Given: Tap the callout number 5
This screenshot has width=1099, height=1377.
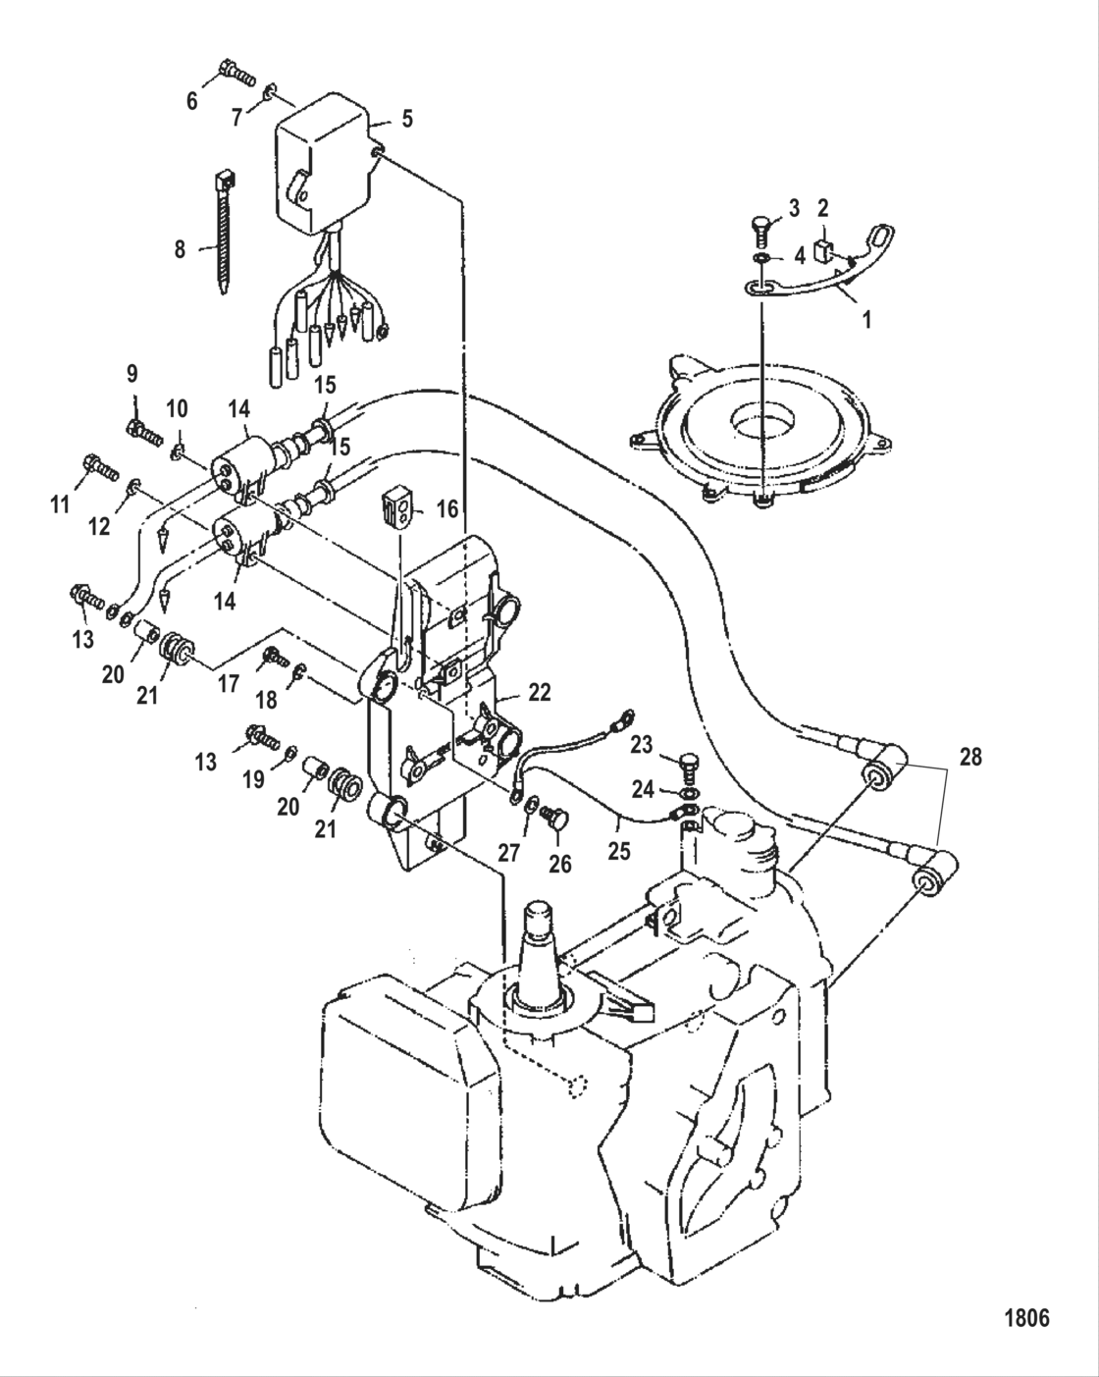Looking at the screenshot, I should pos(406,120).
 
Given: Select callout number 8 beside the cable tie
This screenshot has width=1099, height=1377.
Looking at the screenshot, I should pos(180,249).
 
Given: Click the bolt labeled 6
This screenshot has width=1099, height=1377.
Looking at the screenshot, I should pos(235,71).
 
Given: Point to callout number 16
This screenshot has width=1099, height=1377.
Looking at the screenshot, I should pos(447,509).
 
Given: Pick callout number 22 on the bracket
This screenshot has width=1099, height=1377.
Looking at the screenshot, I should pos(539,692).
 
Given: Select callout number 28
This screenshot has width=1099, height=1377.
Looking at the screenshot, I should pos(969,758).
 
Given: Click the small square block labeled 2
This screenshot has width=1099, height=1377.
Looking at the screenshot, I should pos(822,246).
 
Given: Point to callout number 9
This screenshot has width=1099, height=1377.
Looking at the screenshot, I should pos(131,373).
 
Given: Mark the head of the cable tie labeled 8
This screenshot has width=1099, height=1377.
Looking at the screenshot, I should pos(223,181).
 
